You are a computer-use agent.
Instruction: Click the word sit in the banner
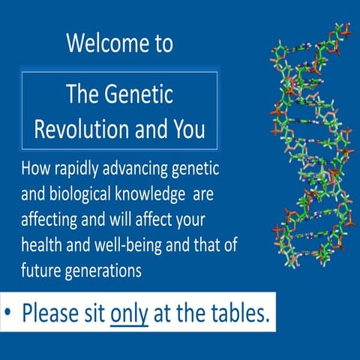point(94,313)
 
